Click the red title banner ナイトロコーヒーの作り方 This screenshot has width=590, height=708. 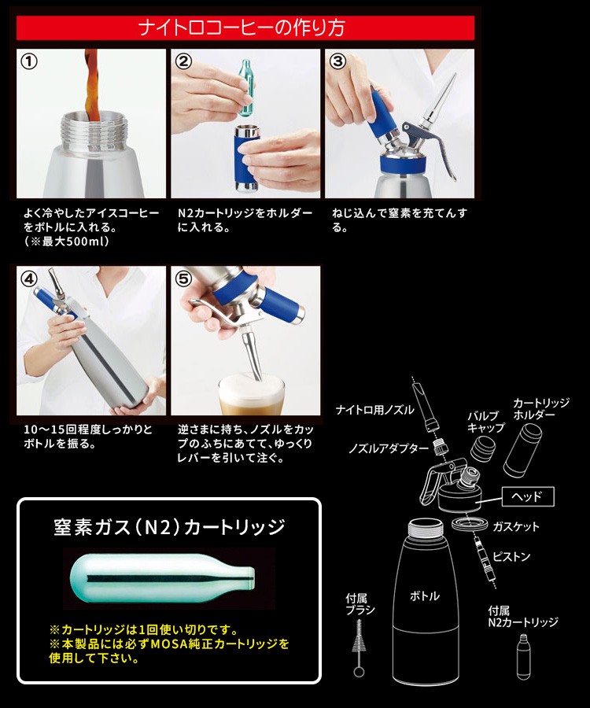click(x=245, y=28)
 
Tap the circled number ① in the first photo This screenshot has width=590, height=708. click(x=29, y=61)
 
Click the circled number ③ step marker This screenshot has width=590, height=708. click(x=337, y=61)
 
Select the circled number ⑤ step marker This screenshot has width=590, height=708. click(x=184, y=278)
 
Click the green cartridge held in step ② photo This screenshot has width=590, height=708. click(x=246, y=88)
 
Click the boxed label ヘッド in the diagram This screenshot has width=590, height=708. click(x=528, y=496)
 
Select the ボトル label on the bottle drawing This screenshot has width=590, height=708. click(x=424, y=596)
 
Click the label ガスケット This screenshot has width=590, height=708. click(x=515, y=526)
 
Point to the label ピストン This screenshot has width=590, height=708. click(x=511, y=557)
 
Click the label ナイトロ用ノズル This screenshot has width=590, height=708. click(x=374, y=410)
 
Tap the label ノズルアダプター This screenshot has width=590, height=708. click(x=388, y=448)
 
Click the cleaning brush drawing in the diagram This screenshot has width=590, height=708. click(x=359, y=648)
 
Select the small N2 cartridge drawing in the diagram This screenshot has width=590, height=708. click(x=523, y=657)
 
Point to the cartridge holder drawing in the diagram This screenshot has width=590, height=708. click(x=522, y=450)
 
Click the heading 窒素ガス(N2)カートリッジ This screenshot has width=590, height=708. click(x=169, y=526)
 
